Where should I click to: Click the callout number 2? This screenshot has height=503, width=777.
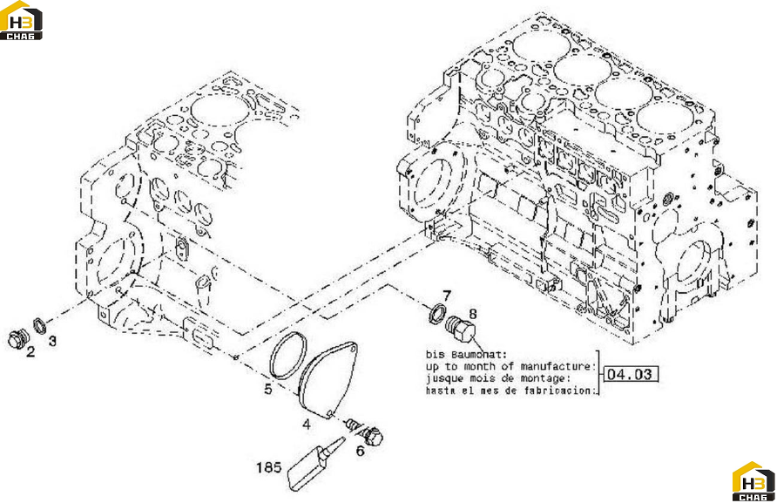[30, 352]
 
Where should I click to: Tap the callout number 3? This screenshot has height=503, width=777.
[52, 341]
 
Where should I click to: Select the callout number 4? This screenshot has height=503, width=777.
[307, 425]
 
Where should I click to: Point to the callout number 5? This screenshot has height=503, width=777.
[268, 389]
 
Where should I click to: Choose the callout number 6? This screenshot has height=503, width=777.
[361, 451]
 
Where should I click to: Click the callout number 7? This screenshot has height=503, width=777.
[447, 296]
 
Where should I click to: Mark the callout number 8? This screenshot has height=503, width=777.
[472, 314]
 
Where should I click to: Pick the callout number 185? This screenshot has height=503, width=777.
[268, 467]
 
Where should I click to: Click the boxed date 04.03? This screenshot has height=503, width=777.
[629, 374]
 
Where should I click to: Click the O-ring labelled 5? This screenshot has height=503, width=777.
[288, 357]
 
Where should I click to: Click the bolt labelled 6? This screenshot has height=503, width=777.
[366, 432]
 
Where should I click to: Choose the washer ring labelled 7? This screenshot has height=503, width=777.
[437, 314]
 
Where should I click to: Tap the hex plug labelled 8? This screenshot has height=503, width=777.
[461, 329]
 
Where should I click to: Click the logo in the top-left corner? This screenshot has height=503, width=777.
[21, 20]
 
